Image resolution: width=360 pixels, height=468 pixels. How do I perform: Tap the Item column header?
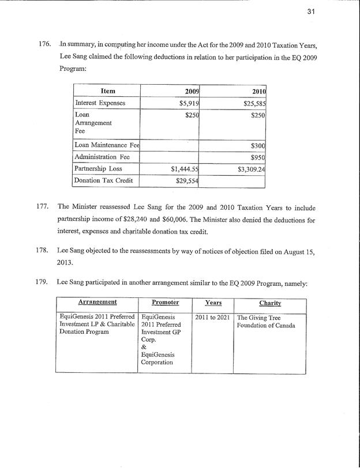(108, 91)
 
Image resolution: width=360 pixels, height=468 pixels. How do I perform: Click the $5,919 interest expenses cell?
(187, 104)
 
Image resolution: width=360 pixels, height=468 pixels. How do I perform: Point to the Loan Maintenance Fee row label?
(108, 146)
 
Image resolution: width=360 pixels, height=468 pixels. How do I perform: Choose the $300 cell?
(257, 146)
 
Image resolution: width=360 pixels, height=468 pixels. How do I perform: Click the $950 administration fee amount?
(257, 157)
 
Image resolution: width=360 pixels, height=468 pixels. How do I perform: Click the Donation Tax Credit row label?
(104, 181)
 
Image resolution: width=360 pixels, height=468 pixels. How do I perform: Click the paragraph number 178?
(47, 251)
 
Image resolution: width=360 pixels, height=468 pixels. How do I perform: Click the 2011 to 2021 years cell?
(212, 317)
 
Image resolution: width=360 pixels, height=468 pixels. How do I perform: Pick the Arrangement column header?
(97, 302)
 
